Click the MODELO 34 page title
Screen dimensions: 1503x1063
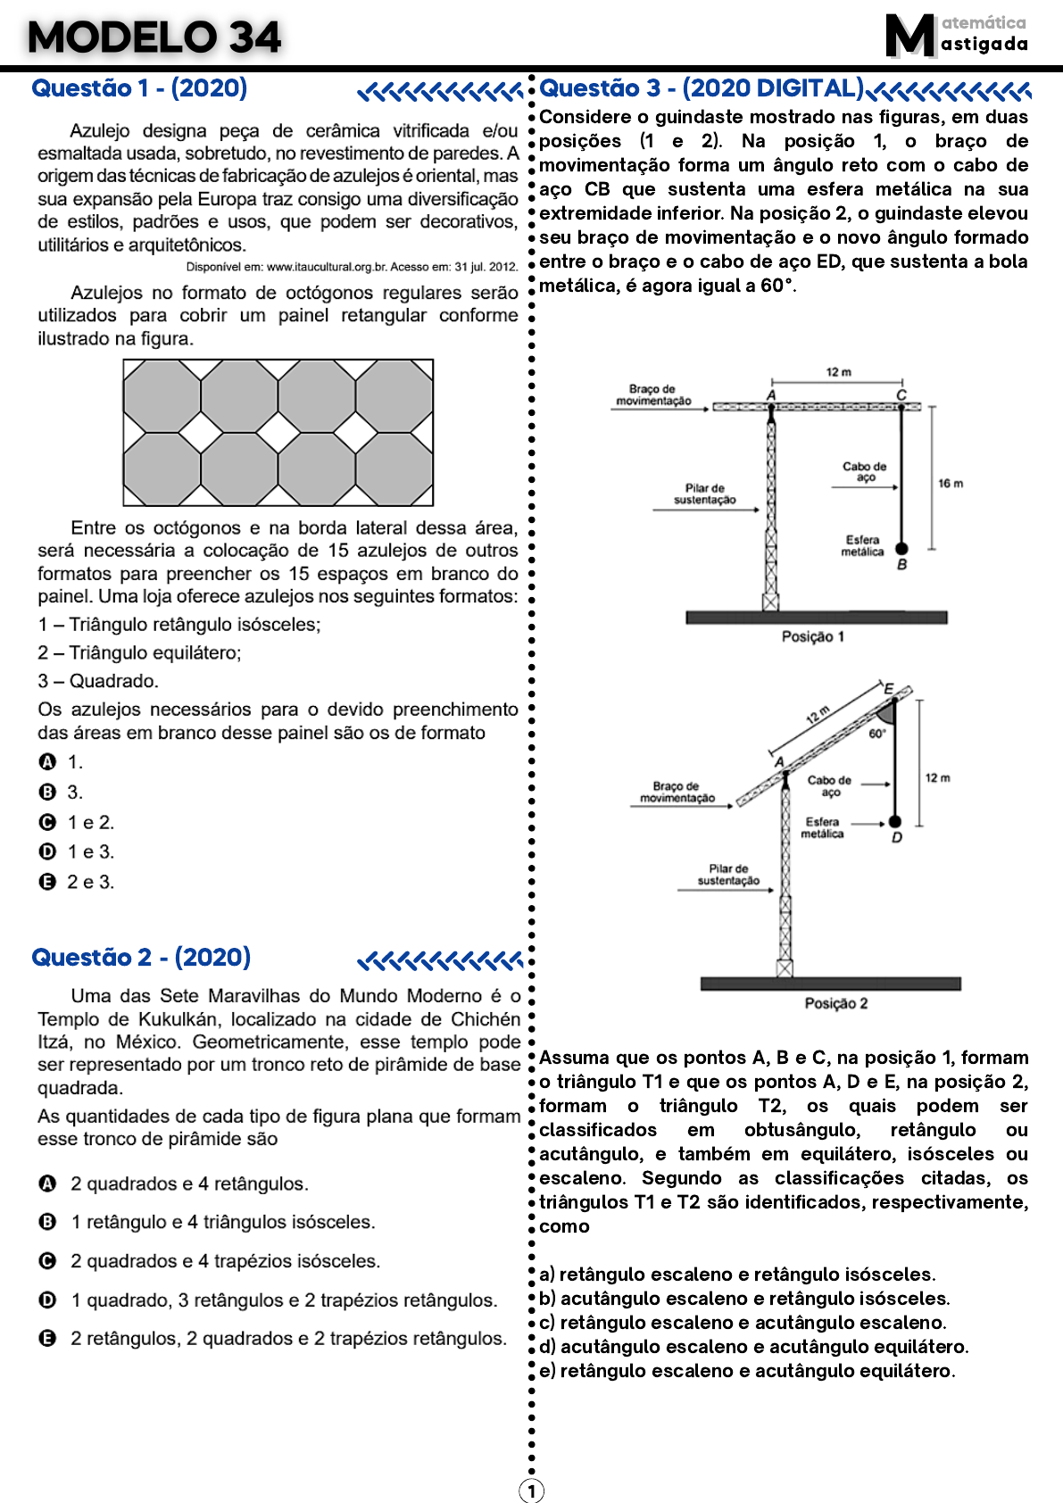154,37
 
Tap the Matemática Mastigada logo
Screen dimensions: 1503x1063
955,36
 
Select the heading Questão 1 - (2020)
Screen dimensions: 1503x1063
139,88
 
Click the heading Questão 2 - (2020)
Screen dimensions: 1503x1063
141,958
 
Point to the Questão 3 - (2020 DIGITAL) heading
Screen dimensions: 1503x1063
702,88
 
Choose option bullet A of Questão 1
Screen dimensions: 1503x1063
48,762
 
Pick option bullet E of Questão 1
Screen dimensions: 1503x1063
48,882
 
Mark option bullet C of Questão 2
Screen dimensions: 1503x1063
48,1260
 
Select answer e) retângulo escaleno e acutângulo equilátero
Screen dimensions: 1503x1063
747,1371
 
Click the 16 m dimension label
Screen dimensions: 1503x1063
951,484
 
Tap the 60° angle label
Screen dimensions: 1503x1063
877,734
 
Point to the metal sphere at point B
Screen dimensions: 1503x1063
901,549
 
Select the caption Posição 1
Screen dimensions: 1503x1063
812,636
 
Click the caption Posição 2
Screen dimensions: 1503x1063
836,1003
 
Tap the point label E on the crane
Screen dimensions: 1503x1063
889,688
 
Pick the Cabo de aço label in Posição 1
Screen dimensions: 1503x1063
864,472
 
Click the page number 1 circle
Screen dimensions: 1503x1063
531,1491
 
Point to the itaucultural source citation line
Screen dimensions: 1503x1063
352,266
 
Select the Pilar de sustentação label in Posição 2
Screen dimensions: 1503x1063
728,875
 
